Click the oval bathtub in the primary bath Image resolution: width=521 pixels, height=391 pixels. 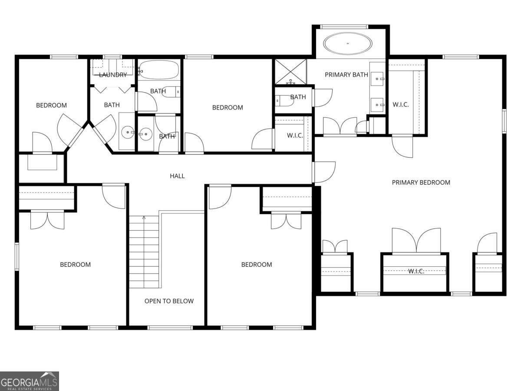click(x=348, y=44)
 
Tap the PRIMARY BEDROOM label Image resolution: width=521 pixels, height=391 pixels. click(x=421, y=182)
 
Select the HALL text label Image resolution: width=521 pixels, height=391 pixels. click(x=177, y=176)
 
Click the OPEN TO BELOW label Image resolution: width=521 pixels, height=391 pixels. click(x=169, y=301)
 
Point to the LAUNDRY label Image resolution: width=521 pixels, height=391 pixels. click(x=113, y=75)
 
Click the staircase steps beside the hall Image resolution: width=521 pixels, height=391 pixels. click(x=144, y=252)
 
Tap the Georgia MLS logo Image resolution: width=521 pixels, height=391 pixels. click(x=29, y=381)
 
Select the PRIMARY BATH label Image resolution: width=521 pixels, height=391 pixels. click(x=346, y=75)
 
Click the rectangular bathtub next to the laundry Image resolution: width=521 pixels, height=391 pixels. click(x=158, y=70)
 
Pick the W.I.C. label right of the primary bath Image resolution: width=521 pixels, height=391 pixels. click(x=400, y=105)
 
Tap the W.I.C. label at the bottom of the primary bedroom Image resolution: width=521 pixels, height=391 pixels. click(x=415, y=271)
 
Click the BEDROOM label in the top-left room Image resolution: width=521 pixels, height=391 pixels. click(x=51, y=105)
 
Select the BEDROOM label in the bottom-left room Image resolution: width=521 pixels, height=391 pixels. click(x=75, y=265)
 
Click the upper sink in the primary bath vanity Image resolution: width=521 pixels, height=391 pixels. click(x=377, y=79)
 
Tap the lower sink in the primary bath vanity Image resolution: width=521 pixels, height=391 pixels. click(x=377, y=104)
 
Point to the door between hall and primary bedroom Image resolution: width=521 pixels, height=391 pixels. click(x=323, y=172)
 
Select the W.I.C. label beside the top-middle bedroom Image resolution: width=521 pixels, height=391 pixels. click(x=294, y=136)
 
